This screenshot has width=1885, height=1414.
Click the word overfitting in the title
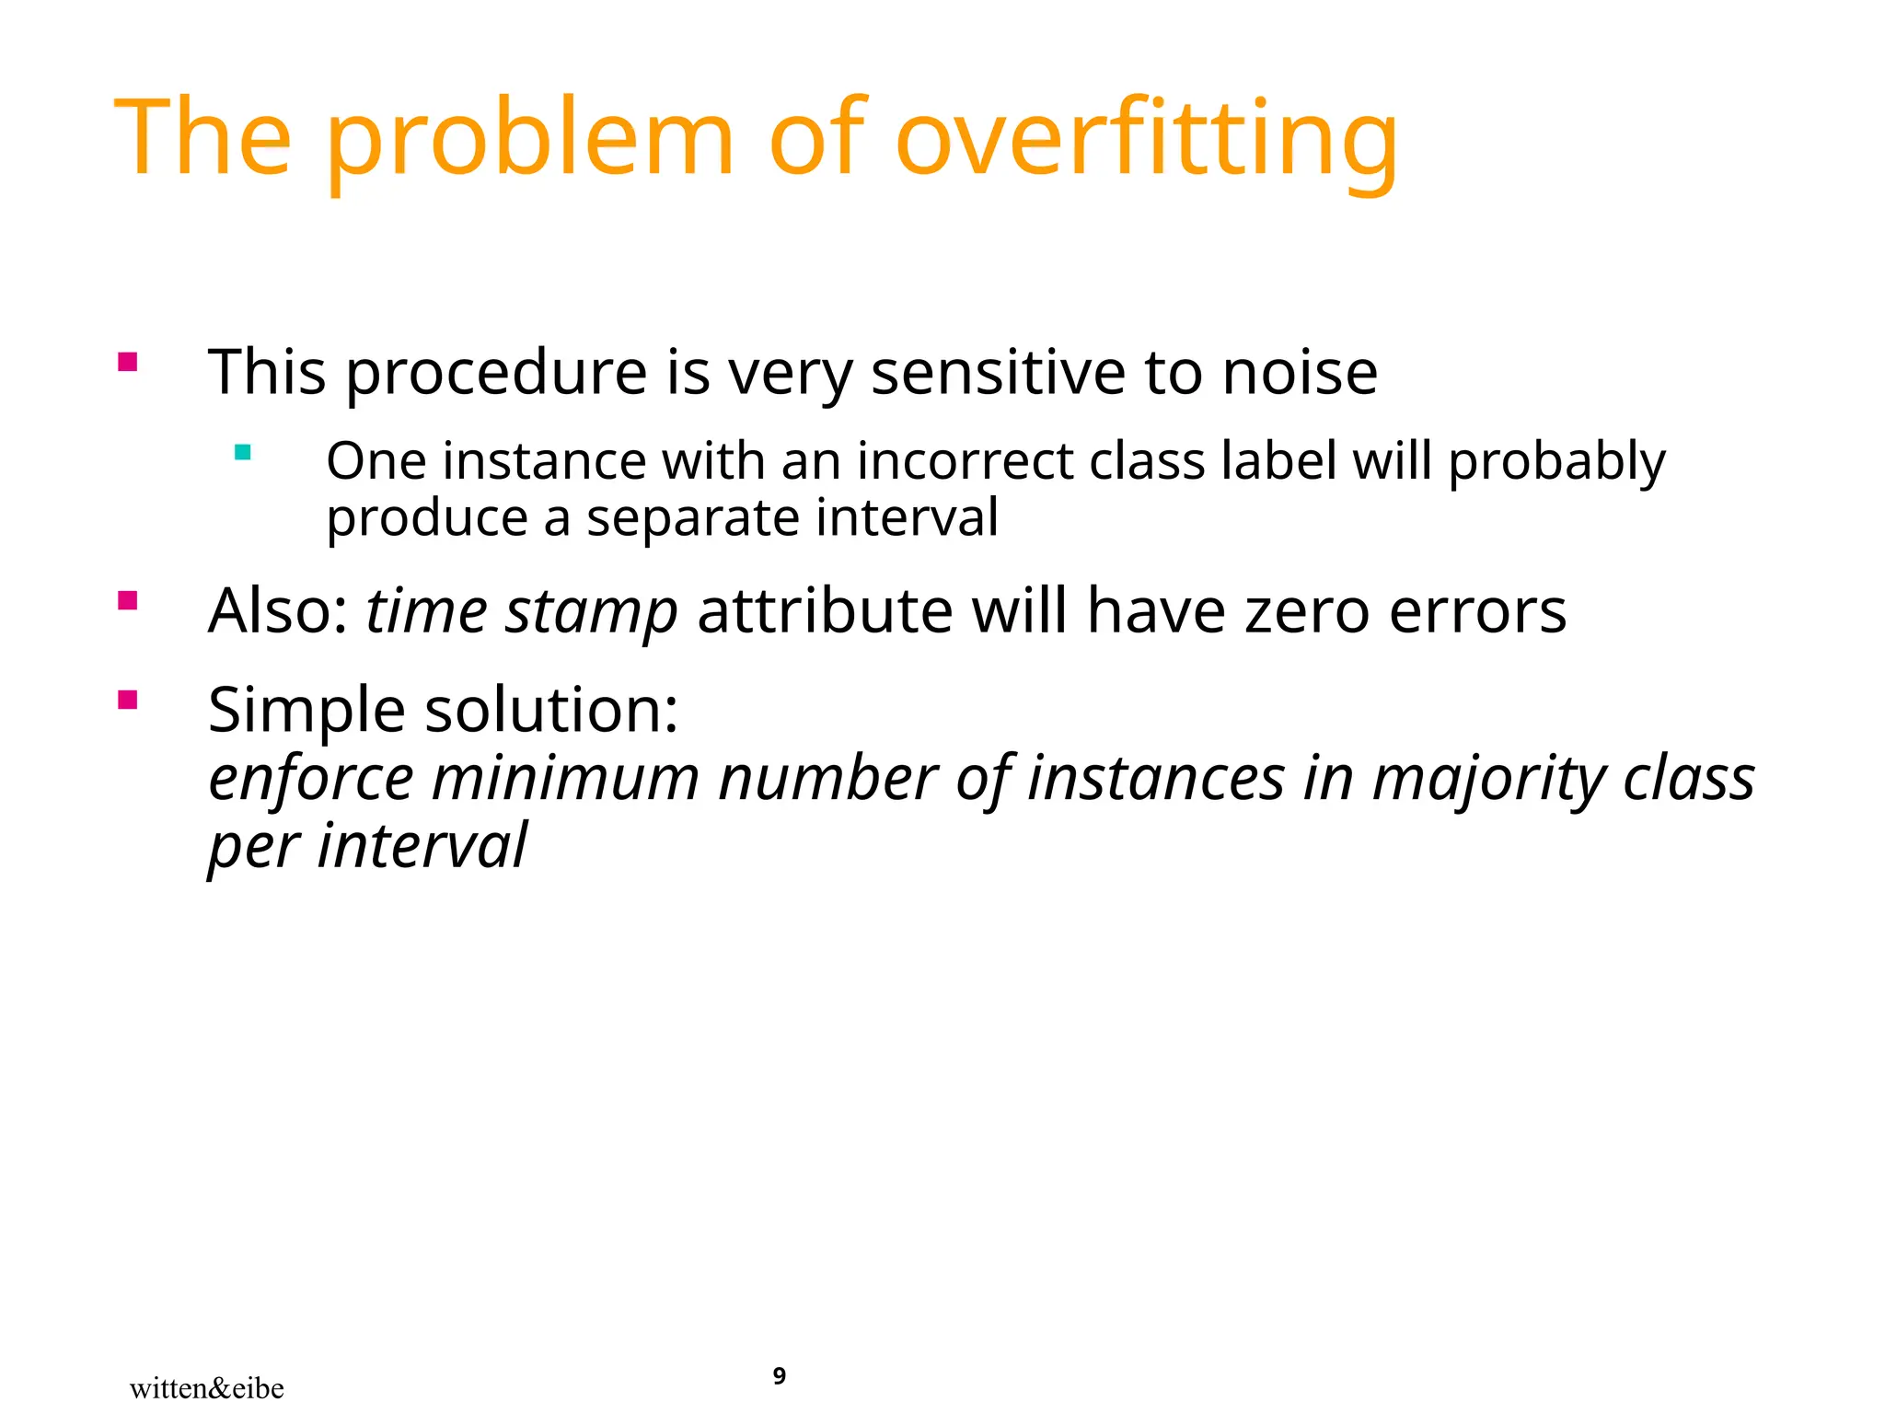[x=1146, y=138]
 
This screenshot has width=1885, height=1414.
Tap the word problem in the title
[x=529, y=138]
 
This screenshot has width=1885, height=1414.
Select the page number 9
[x=780, y=1375]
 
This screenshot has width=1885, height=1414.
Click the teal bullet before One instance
[x=243, y=452]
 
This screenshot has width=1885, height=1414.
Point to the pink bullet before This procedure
[x=128, y=362]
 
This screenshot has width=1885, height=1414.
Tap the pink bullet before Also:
[x=128, y=601]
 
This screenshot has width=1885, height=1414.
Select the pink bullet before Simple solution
[x=128, y=701]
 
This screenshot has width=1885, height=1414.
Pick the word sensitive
[x=998, y=373]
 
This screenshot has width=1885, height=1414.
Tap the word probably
[x=1556, y=462]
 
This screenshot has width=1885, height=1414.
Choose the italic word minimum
[x=566, y=779]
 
